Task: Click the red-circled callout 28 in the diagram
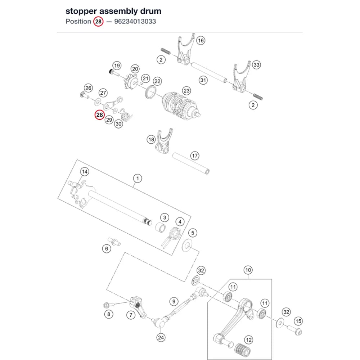[100, 115]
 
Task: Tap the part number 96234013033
[135, 21]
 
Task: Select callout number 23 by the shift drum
[186, 91]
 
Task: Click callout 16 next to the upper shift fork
[201, 41]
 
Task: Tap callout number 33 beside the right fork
[256, 65]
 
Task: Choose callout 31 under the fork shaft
[203, 80]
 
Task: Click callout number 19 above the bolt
[117, 66]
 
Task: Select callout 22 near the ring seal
[157, 81]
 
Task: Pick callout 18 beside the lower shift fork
[151, 139]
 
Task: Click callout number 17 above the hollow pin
[195, 156]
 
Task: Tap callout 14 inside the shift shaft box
[85, 171]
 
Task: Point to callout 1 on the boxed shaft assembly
[138, 178]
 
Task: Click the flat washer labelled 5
[186, 245]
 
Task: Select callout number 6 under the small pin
[107, 248]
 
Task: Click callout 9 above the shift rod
[174, 301]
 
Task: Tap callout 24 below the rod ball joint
[161, 338]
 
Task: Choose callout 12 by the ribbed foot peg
[249, 340]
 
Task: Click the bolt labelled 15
[294, 330]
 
